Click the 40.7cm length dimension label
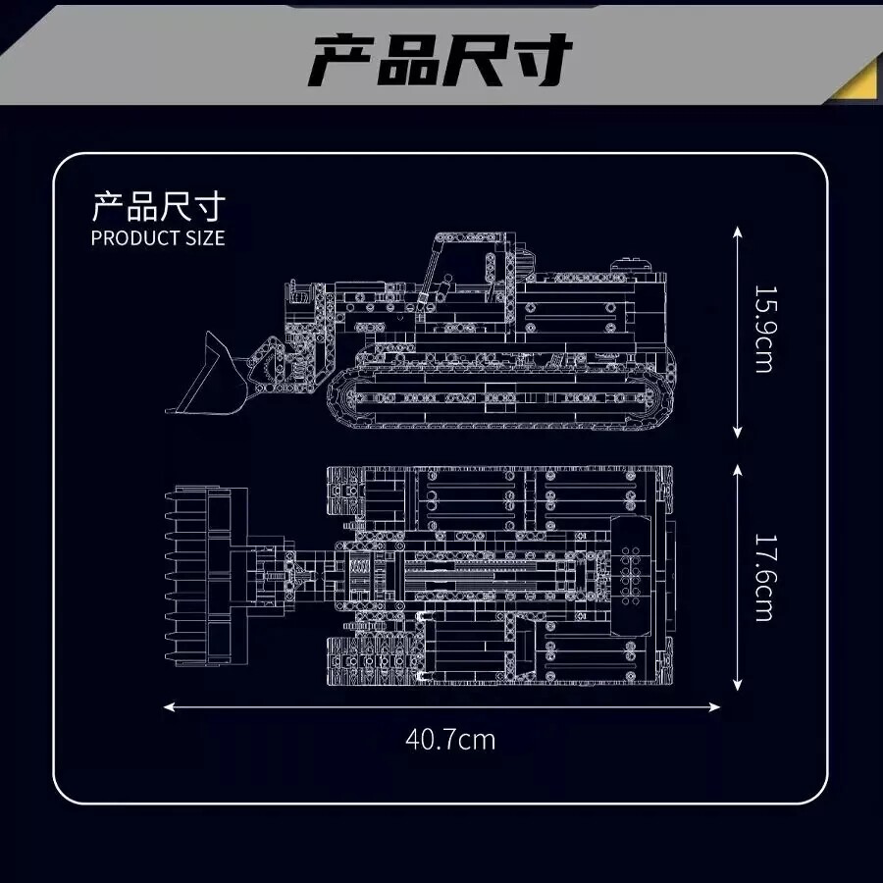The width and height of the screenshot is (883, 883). (450, 739)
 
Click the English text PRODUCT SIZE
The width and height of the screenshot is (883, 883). (157, 238)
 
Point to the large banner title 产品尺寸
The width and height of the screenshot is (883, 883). (441, 61)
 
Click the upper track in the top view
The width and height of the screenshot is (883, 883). (500, 487)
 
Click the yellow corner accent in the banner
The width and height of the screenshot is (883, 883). (856, 78)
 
